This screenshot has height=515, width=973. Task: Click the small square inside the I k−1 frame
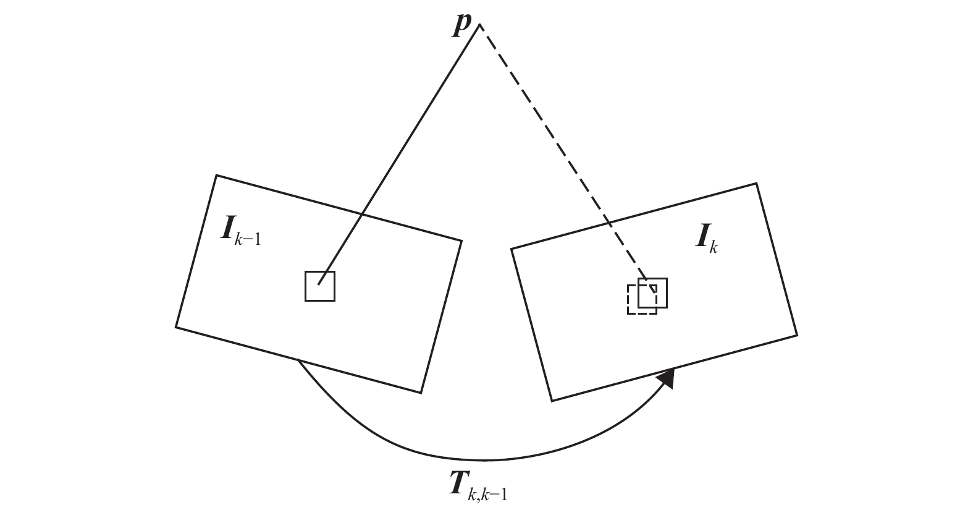(x=320, y=286)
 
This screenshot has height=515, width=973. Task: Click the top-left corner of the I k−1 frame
(x=217, y=176)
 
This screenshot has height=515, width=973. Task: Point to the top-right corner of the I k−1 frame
(x=461, y=240)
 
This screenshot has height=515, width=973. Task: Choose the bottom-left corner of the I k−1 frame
(x=176, y=327)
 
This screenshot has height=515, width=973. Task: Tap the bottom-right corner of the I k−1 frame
(x=421, y=393)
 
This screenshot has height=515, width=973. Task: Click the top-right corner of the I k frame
(x=756, y=184)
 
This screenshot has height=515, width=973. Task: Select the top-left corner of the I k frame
(x=512, y=249)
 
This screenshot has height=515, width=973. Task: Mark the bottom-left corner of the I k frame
(x=552, y=401)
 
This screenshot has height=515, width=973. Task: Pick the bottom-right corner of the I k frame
(x=797, y=335)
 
